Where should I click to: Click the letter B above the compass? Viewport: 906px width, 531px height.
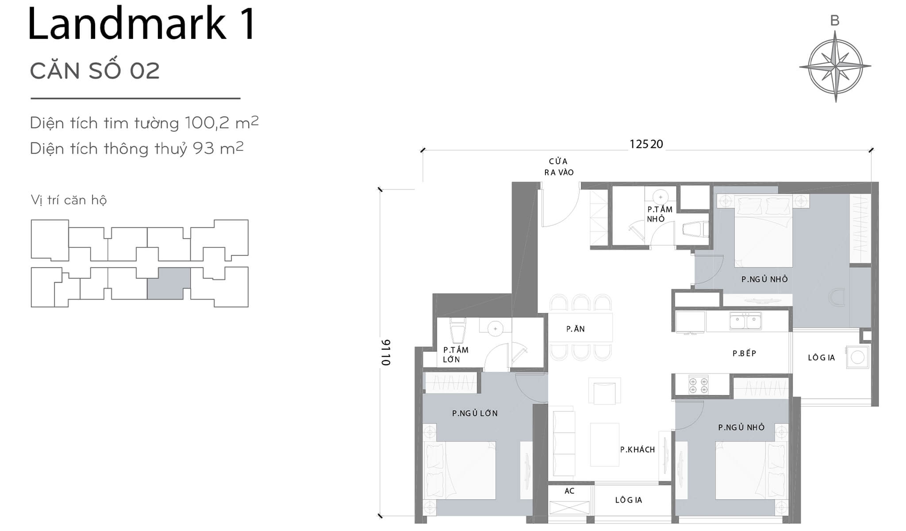835,20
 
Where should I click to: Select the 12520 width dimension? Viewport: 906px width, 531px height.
646,144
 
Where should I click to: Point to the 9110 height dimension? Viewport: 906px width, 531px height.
386,352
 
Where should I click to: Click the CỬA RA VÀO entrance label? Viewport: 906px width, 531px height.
559,167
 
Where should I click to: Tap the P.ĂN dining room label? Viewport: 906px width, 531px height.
576,329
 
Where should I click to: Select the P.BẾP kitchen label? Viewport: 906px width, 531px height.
744,353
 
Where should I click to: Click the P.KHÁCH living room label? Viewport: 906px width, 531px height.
637,450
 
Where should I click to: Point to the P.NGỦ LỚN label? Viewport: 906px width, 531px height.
475,413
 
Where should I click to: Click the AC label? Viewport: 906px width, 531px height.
569,491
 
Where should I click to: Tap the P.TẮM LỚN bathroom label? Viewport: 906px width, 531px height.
456,354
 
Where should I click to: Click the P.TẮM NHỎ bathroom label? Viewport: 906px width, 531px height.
660,214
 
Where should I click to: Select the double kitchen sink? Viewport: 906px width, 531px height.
745,321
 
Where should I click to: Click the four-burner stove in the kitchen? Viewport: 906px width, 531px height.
698,385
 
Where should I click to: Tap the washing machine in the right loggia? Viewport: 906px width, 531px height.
857,357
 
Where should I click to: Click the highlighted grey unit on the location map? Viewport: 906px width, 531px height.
169,283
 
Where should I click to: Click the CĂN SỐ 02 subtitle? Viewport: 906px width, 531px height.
95,71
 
